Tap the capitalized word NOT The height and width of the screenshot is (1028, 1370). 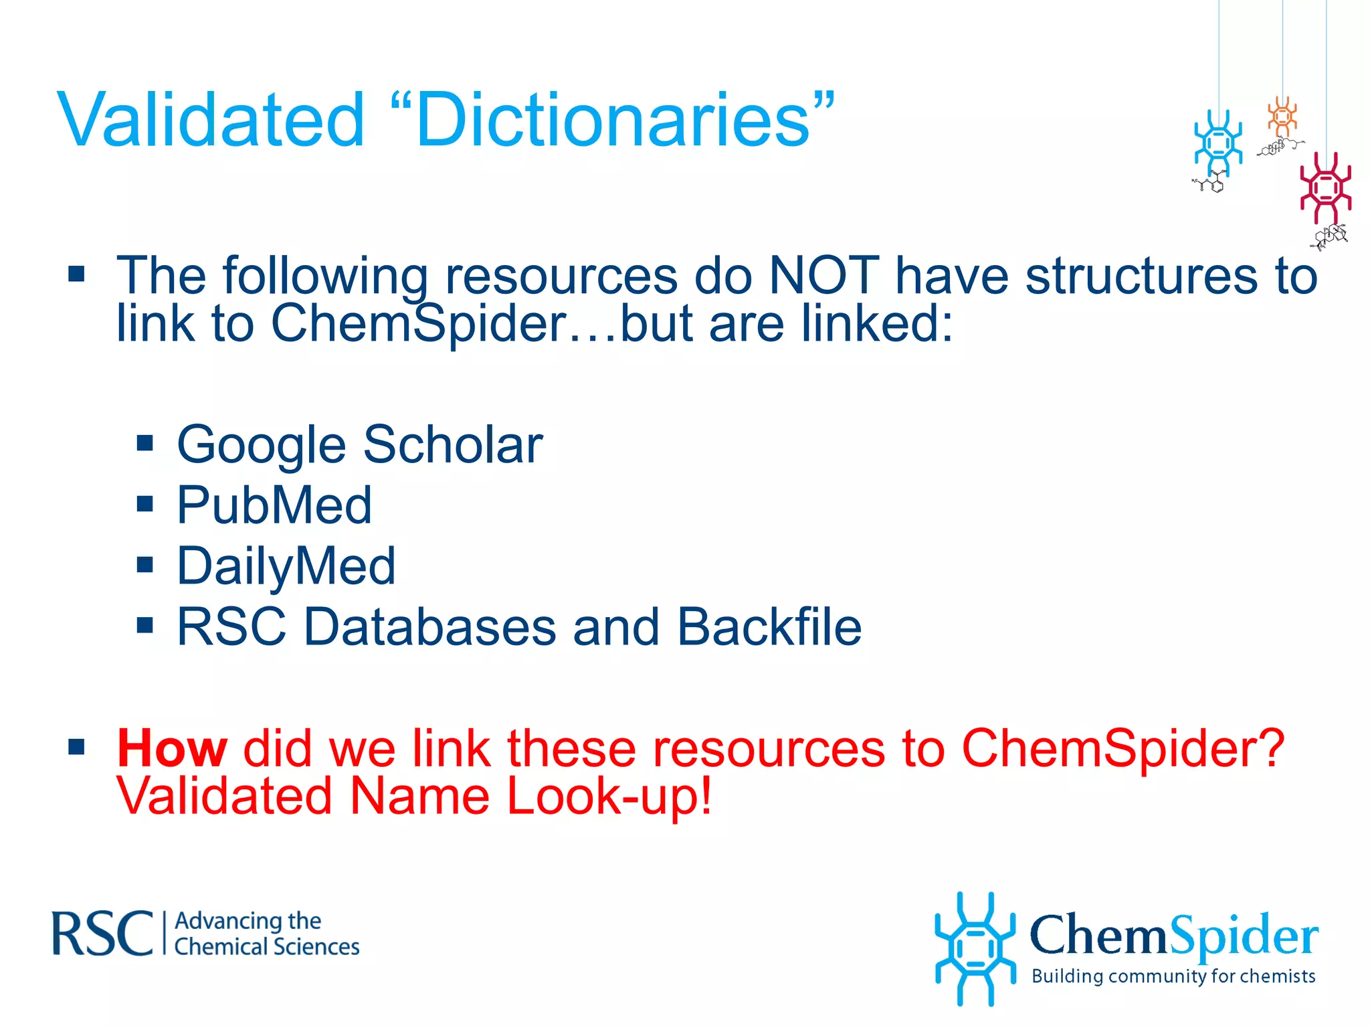[x=823, y=275]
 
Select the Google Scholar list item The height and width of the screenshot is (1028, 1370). [x=359, y=444]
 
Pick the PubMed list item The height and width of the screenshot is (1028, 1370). [x=274, y=505]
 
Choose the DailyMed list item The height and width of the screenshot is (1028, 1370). [x=286, y=566]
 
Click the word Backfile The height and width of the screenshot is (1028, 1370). [x=769, y=627]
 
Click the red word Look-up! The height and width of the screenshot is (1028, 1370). [x=609, y=796]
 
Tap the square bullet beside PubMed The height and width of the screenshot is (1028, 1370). [x=144, y=504]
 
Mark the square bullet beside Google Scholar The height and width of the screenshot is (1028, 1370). [x=144, y=443]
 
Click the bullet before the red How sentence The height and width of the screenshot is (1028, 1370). [x=77, y=747]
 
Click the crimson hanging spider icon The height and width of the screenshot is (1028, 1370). [x=1325, y=188]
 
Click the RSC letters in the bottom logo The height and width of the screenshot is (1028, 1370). [x=102, y=933]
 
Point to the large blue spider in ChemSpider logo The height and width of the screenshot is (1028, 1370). [x=974, y=948]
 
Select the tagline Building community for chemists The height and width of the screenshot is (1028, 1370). [x=1173, y=976]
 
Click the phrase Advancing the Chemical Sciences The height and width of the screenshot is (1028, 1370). [x=266, y=934]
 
